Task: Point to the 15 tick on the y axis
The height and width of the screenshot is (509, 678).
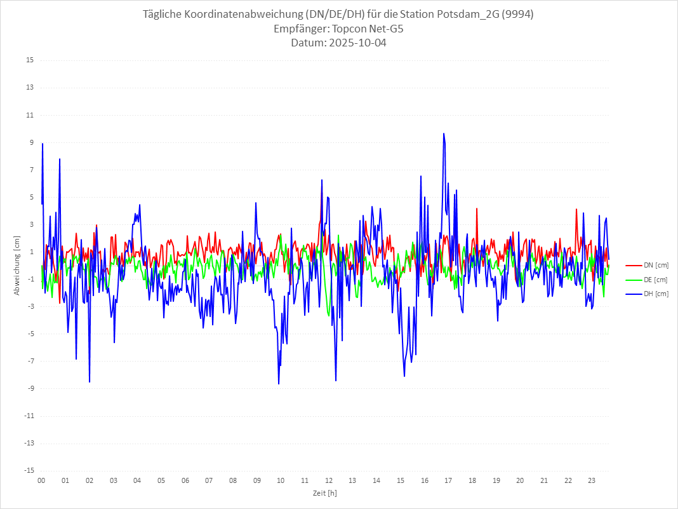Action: tap(30, 60)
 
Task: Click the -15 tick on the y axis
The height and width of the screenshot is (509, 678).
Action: tap(29, 470)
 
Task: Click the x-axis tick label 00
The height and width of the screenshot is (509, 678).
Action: tap(41, 480)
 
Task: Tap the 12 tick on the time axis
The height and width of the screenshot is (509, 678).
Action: tap(329, 480)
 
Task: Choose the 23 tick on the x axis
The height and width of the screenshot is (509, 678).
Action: tap(592, 480)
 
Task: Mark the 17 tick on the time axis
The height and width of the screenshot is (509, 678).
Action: tap(448, 480)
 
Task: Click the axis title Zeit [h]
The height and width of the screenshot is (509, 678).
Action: tap(325, 492)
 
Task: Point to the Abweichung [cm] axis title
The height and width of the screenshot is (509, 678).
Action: tap(17, 265)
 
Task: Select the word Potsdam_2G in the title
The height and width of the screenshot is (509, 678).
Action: tap(467, 15)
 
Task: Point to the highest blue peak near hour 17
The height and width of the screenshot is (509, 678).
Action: tap(444, 133)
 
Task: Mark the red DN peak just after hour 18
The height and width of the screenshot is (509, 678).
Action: tap(477, 208)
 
